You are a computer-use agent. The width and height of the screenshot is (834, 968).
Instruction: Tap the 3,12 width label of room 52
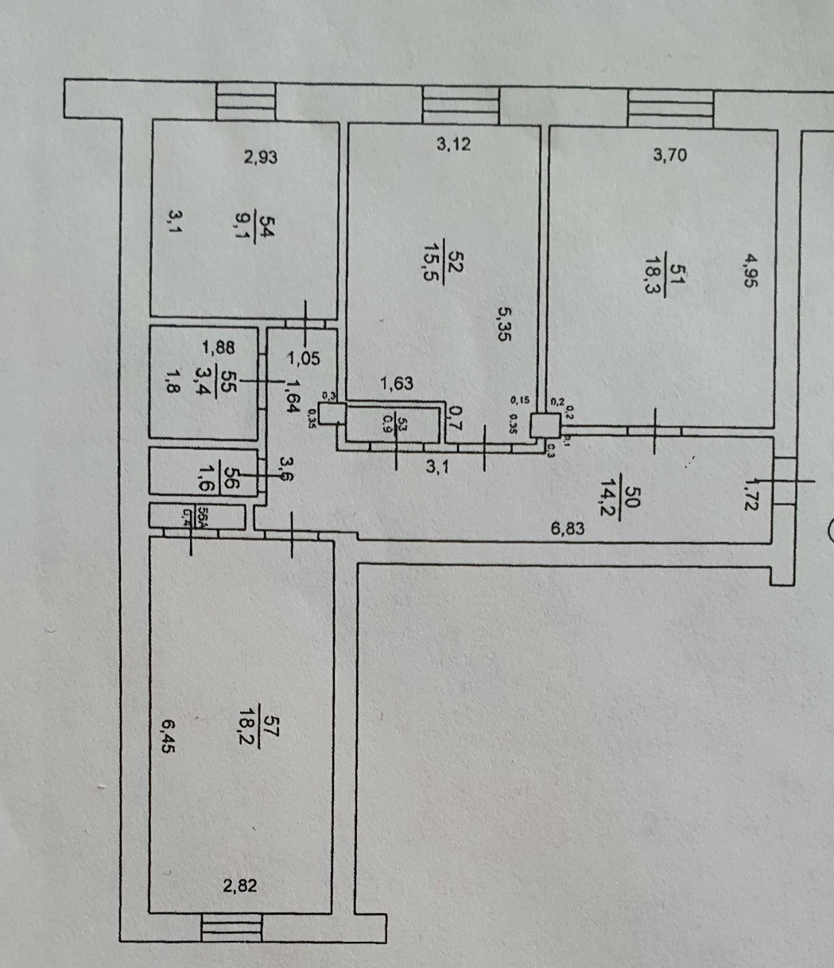click(454, 144)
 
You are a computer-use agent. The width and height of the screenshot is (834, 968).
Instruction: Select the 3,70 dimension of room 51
click(669, 155)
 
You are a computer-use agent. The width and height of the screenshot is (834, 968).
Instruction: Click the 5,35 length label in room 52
click(503, 324)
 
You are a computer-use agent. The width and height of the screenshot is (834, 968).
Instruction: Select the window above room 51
click(670, 108)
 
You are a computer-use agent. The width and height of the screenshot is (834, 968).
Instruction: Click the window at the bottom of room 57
click(231, 927)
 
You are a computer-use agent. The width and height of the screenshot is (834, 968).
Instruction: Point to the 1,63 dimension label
click(396, 385)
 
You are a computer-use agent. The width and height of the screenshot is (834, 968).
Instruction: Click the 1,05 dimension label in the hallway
click(303, 358)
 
